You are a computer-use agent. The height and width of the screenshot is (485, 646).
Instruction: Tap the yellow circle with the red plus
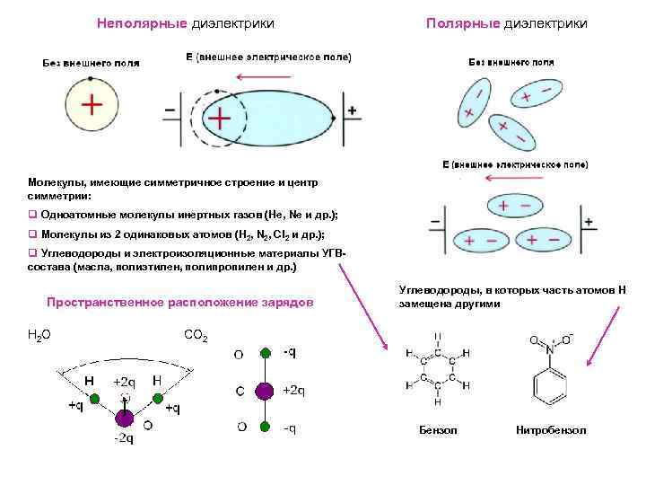click(x=90, y=105)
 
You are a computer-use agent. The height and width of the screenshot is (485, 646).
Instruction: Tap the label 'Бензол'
click(x=438, y=430)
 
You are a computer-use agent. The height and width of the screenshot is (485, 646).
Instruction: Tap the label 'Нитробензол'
click(x=551, y=430)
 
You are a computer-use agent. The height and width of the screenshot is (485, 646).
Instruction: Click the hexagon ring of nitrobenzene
click(x=545, y=385)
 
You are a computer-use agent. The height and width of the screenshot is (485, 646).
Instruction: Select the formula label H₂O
click(x=40, y=335)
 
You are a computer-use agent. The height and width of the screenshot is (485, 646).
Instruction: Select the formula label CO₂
click(x=196, y=336)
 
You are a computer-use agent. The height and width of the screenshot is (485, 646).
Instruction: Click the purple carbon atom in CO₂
click(x=264, y=391)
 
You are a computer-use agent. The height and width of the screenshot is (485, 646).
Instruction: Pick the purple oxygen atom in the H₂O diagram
click(x=124, y=418)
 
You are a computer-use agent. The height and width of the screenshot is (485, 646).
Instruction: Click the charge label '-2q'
click(x=123, y=439)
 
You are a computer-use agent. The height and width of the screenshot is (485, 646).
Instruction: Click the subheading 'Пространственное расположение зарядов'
click(x=180, y=303)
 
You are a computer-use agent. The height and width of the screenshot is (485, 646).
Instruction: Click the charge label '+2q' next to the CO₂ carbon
click(x=293, y=391)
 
